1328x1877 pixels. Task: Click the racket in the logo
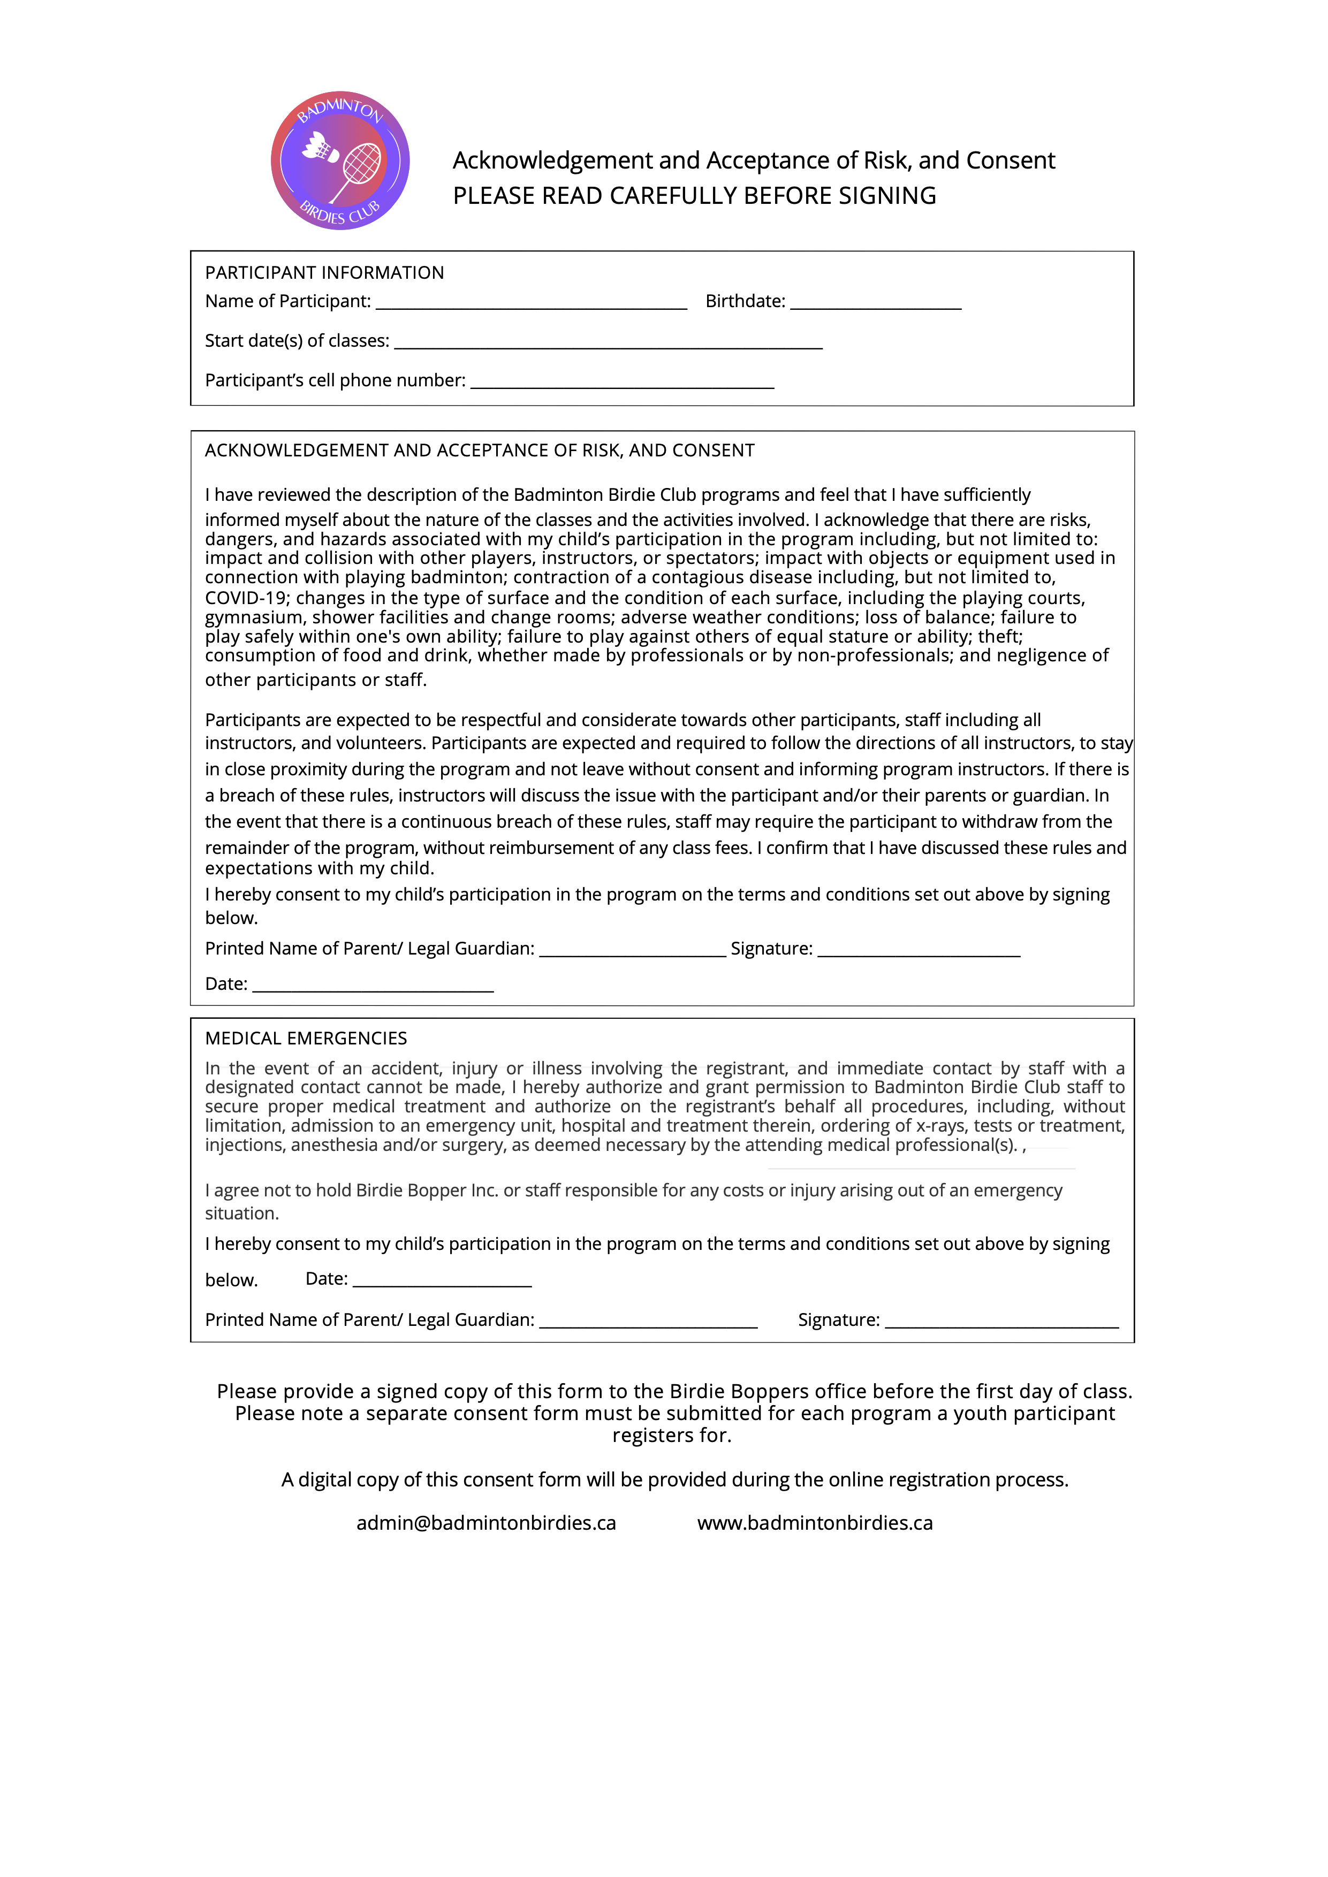pyautogui.click(x=358, y=169)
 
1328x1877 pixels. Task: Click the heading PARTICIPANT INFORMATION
pyautogui.click(x=325, y=273)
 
